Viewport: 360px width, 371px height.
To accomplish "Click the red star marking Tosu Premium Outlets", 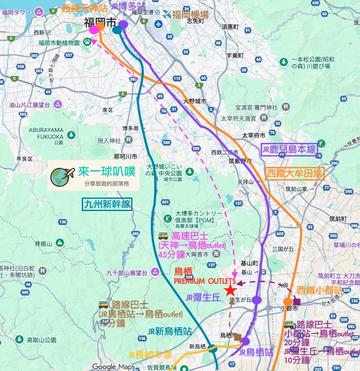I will pyautogui.click(x=230, y=290).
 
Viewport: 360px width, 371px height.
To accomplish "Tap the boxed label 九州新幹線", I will pyautogui.click(x=106, y=205).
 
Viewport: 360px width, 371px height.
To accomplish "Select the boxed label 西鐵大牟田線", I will pyautogui.click(x=294, y=173).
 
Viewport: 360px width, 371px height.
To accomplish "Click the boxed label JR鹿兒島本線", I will pyautogui.click(x=290, y=149).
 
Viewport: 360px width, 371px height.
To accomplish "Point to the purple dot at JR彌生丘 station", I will pyautogui.click(x=257, y=300).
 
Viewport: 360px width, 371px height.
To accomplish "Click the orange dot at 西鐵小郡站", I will pyautogui.click(x=288, y=301).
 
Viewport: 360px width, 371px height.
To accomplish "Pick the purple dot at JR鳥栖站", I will pyautogui.click(x=245, y=341).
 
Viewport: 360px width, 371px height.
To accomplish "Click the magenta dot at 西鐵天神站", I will pyautogui.click(x=94, y=30).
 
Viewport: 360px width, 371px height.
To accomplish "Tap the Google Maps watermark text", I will pyautogui.click(x=114, y=367).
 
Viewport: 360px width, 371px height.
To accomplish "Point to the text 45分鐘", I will pyautogui.click(x=172, y=255).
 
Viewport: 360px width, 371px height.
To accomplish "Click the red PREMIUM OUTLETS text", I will pyautogui.click(x=205, y=281).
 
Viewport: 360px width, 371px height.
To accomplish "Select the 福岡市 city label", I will pyautogui.click(x=100, y=22).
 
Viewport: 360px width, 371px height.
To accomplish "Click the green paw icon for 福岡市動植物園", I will pyautogui.click(x=87, y=41).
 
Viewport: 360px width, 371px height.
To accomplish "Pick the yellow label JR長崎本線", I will pyautogui.click(x=150, y=355).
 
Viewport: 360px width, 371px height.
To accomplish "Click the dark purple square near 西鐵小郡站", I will pyautogui.click(x=297, y=301).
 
